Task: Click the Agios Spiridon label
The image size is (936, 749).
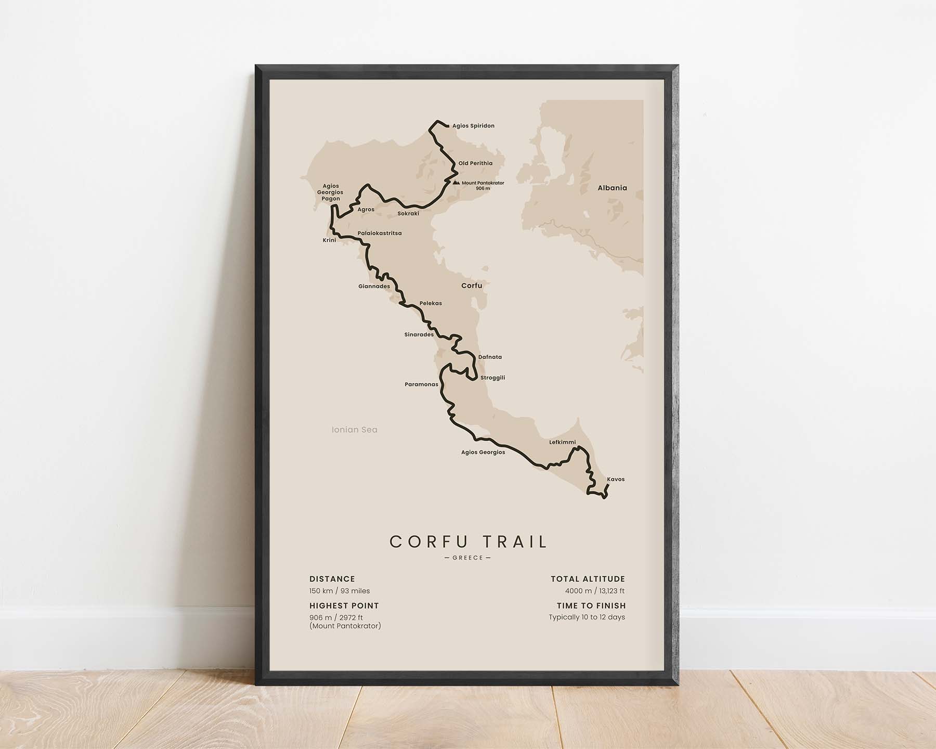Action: pyautogui.click(x=473, y=126)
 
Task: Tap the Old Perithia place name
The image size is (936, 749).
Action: pyautogui.click(x=475, y=163)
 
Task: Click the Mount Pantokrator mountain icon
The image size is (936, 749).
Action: pyautogui.click(x=456, y=183)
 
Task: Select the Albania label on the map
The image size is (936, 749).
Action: pyautogui.click(x=612, y=188)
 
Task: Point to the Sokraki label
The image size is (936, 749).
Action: pyautogui.click(x=408, y=214)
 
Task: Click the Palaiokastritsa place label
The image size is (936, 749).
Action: pyautogui.click(x=380, y=234)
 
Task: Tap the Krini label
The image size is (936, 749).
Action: pyautogui.click(x=329, y=240)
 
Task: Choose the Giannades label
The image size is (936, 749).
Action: pyautogui.click(x=374, y=287)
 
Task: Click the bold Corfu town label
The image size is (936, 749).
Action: pyautogui.click(x=472, y=286)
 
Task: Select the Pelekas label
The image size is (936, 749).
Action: pyautogui.click(x=431, y=303)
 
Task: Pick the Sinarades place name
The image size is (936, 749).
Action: pyautogui.click(x=419, y=335)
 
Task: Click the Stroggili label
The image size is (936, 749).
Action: pyautogui.click(x=492, y=378)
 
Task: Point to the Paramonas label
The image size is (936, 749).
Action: pyautogui.click(x=421, y=385)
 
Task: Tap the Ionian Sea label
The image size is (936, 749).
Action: pyautogui.click(x=355, y=430)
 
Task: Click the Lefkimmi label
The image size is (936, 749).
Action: pyautogui.click(x=563, y=443)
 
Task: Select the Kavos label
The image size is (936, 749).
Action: pyautogui.click(x=616, y=480)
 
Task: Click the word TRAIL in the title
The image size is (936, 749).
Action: pyautogui.click(x=515, y=542)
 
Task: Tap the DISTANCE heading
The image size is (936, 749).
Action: pyautogui.click(x=332, y=579)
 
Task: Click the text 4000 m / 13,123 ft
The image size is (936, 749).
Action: pyautogui.click(x=595, y=591)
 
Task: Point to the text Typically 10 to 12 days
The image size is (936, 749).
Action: pyautogui.click(x=587, y=617)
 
